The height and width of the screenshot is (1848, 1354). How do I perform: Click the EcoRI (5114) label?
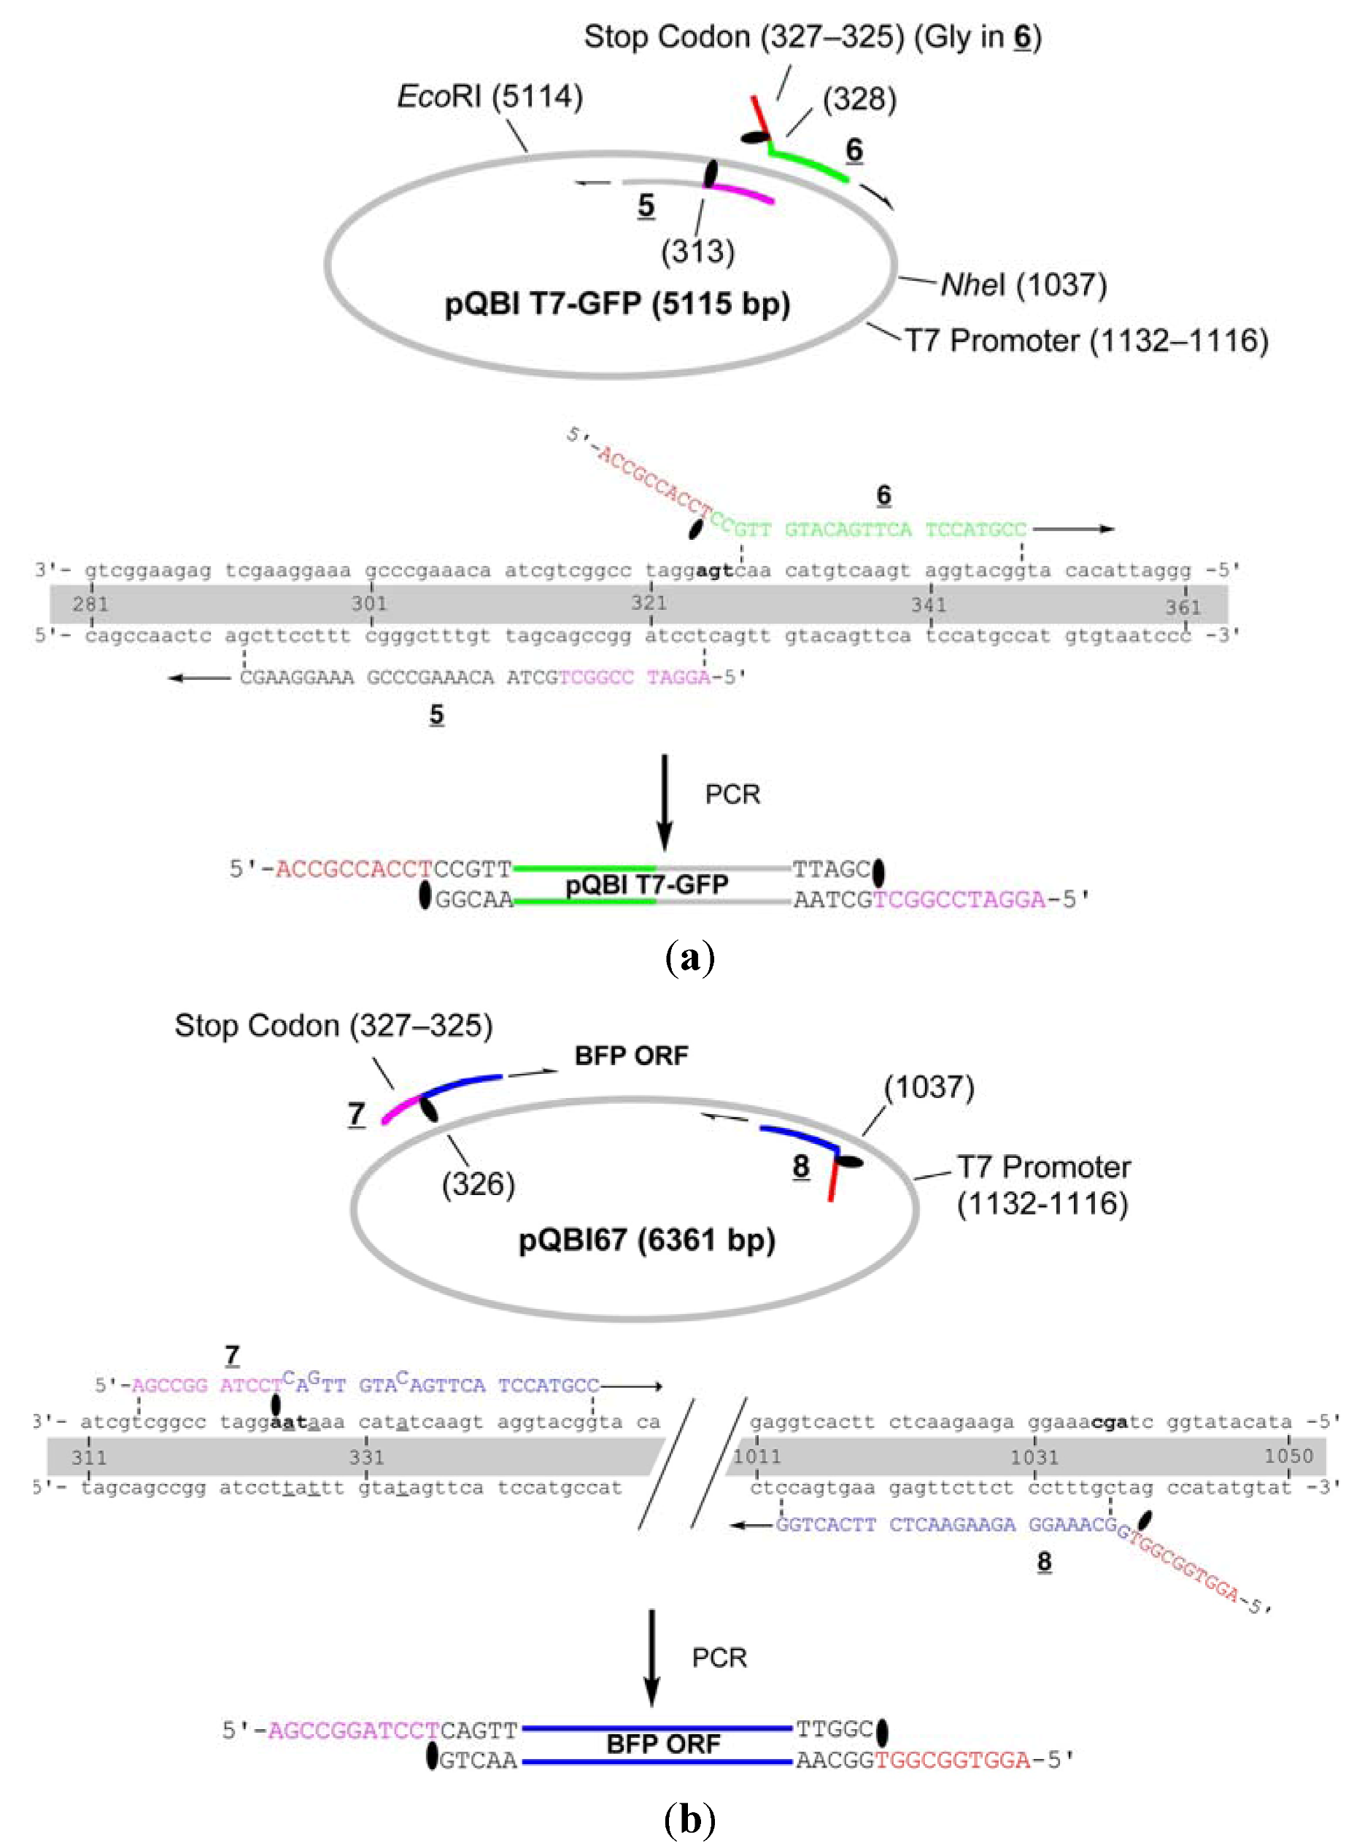tap(490, 97)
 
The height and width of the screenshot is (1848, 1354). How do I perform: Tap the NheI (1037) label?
tap(1024, 285)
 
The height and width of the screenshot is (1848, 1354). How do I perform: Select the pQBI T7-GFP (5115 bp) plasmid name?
tap(617, 304)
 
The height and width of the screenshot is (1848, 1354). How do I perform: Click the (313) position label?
tap(697, 251)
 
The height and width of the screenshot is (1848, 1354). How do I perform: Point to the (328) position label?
tap(859, 99)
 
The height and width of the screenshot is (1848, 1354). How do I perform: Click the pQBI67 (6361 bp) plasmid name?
tap(646, 1240)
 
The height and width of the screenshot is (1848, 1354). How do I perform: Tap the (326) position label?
tap(478, 1184)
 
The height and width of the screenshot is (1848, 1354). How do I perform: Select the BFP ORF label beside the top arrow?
tap(631, 1056)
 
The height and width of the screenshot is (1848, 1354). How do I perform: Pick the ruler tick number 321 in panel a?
tap(649, 603)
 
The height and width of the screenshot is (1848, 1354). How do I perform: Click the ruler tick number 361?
tap(1183, 607)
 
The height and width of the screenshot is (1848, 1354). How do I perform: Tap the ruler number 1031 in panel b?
tap(1034, 1457)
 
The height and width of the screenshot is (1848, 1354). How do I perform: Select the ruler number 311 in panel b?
tap(88, 1457)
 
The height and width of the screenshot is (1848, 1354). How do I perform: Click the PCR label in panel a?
tap(732, 794)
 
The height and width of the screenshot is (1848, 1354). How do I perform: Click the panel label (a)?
tap(690, 956)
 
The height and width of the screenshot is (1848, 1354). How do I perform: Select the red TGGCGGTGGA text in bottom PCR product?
tap(951, 1760)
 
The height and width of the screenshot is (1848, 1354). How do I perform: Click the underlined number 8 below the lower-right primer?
tap(1043, 1561)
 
